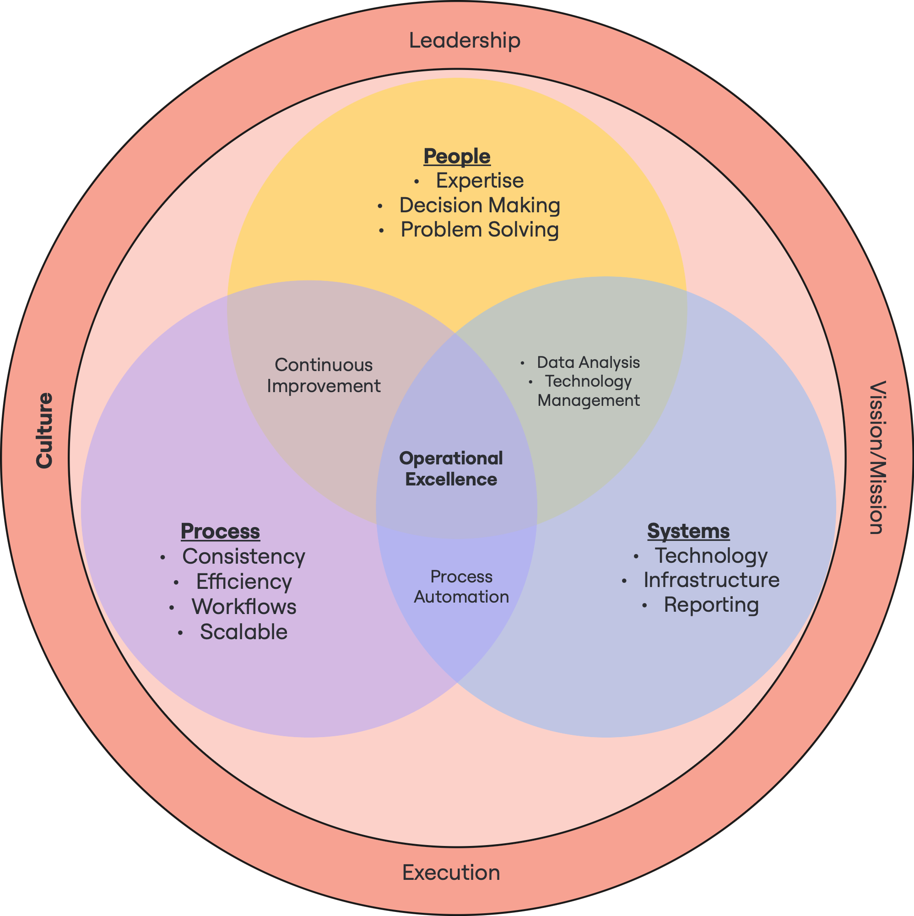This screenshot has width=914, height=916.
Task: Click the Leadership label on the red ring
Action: [465, 40]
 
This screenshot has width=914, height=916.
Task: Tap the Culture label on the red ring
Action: [45, 431]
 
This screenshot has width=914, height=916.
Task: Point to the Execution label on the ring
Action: [451, 873]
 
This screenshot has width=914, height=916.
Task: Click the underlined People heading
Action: [457, 156]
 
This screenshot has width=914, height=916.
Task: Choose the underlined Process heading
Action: [220, 531]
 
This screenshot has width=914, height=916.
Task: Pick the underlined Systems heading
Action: [688, 531]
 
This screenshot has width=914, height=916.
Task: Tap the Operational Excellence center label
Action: [451, 469]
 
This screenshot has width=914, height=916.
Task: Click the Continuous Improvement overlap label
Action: [324, 376]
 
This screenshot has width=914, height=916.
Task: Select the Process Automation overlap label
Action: [461, 587]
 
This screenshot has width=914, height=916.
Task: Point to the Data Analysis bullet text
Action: [588, 362]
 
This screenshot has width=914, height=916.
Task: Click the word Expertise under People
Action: [480, 181]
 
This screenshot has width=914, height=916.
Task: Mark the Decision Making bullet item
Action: [480, 205]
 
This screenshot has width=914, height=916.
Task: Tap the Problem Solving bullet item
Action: [480, 230]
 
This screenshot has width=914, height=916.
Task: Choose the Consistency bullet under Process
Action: [243, 557]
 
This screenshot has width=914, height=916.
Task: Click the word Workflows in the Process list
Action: [244, 607]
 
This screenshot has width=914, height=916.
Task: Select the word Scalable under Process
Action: [243, 632]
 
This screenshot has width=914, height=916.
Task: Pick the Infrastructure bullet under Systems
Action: [711, 580]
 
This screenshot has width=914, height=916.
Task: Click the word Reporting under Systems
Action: [711, 605]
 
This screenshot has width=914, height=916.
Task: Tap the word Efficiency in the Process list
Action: [244, 582]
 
